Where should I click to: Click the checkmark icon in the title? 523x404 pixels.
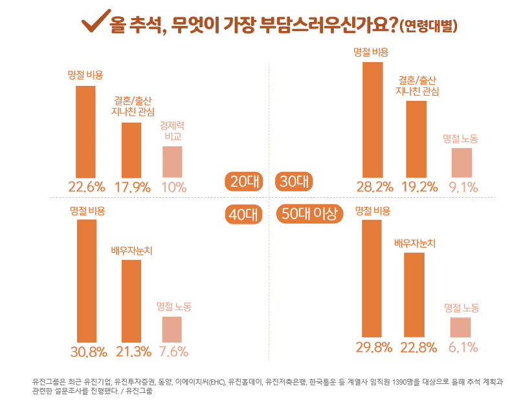point(93,23)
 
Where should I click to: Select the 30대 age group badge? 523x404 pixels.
point(295,182)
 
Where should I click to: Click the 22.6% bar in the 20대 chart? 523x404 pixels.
point(86,131)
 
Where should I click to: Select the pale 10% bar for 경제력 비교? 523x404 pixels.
point(172,162)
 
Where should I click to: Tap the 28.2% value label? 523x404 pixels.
point(375,187)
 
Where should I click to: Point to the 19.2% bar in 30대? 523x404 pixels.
point(416,139)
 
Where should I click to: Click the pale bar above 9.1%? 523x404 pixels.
point(462,162)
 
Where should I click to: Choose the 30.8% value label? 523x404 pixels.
point(87,352)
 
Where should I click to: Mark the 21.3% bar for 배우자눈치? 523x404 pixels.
point(131,301)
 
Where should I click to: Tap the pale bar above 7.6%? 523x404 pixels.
point(172,330)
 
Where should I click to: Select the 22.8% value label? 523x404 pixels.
point(418,347)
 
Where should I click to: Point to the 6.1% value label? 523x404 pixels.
point(463,348)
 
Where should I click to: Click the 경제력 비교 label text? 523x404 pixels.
point(172,131)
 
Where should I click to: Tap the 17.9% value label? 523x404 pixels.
point(132,187)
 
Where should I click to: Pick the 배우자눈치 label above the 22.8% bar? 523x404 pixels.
point(415,244)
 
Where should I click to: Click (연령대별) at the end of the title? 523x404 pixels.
point(429,27)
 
